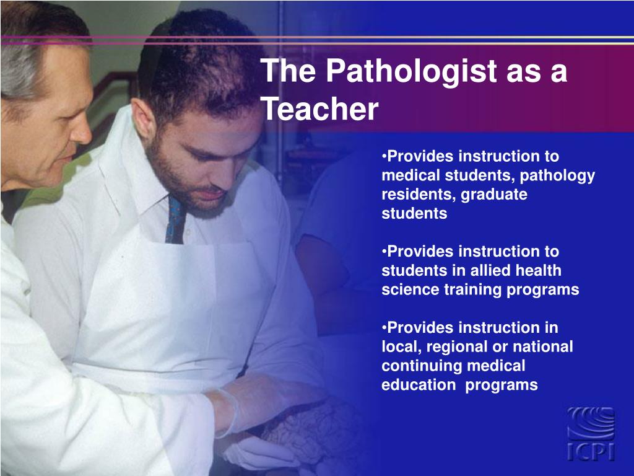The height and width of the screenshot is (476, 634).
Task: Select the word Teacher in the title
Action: click(319, 110)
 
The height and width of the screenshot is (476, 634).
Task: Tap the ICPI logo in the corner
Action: click(591, 433)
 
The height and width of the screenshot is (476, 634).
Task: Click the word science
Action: click(409, 289)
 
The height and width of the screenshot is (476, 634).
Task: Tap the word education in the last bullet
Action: click(418, 385)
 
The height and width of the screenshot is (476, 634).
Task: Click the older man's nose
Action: click(82, 131)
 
